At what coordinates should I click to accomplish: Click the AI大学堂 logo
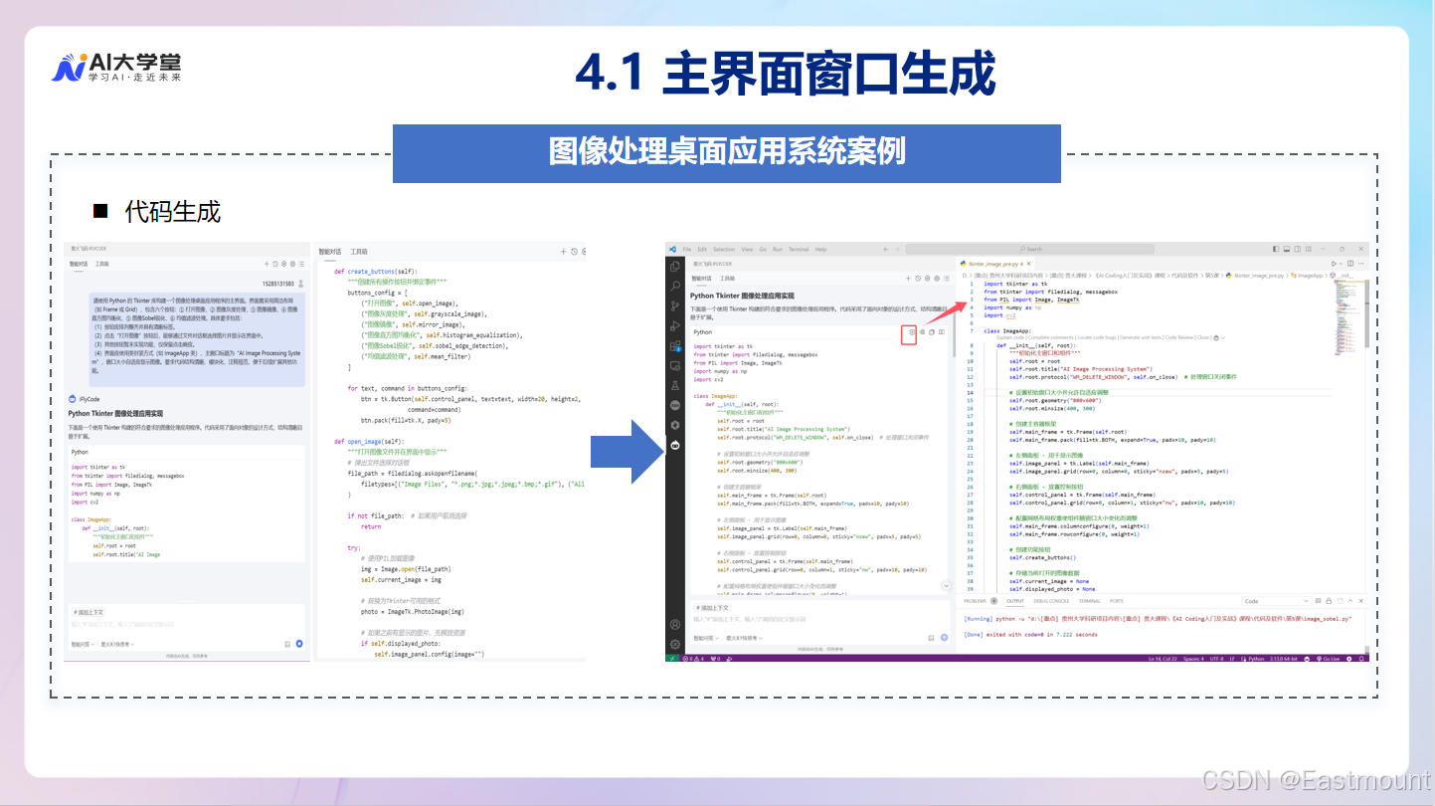pos(116,67)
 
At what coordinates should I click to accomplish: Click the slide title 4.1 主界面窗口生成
pos(785,74)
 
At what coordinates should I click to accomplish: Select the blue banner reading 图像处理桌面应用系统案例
pos(727,152)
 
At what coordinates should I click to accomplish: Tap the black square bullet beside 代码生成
pos(99,211)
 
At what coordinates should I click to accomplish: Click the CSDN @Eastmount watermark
pos(1314,779)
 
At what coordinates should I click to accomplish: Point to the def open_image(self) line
pos(370,441)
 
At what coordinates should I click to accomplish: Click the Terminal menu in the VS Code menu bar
pos(797,250)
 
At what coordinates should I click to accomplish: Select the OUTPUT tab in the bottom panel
pos(1014,601)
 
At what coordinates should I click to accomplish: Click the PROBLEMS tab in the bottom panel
pos(975,601)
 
